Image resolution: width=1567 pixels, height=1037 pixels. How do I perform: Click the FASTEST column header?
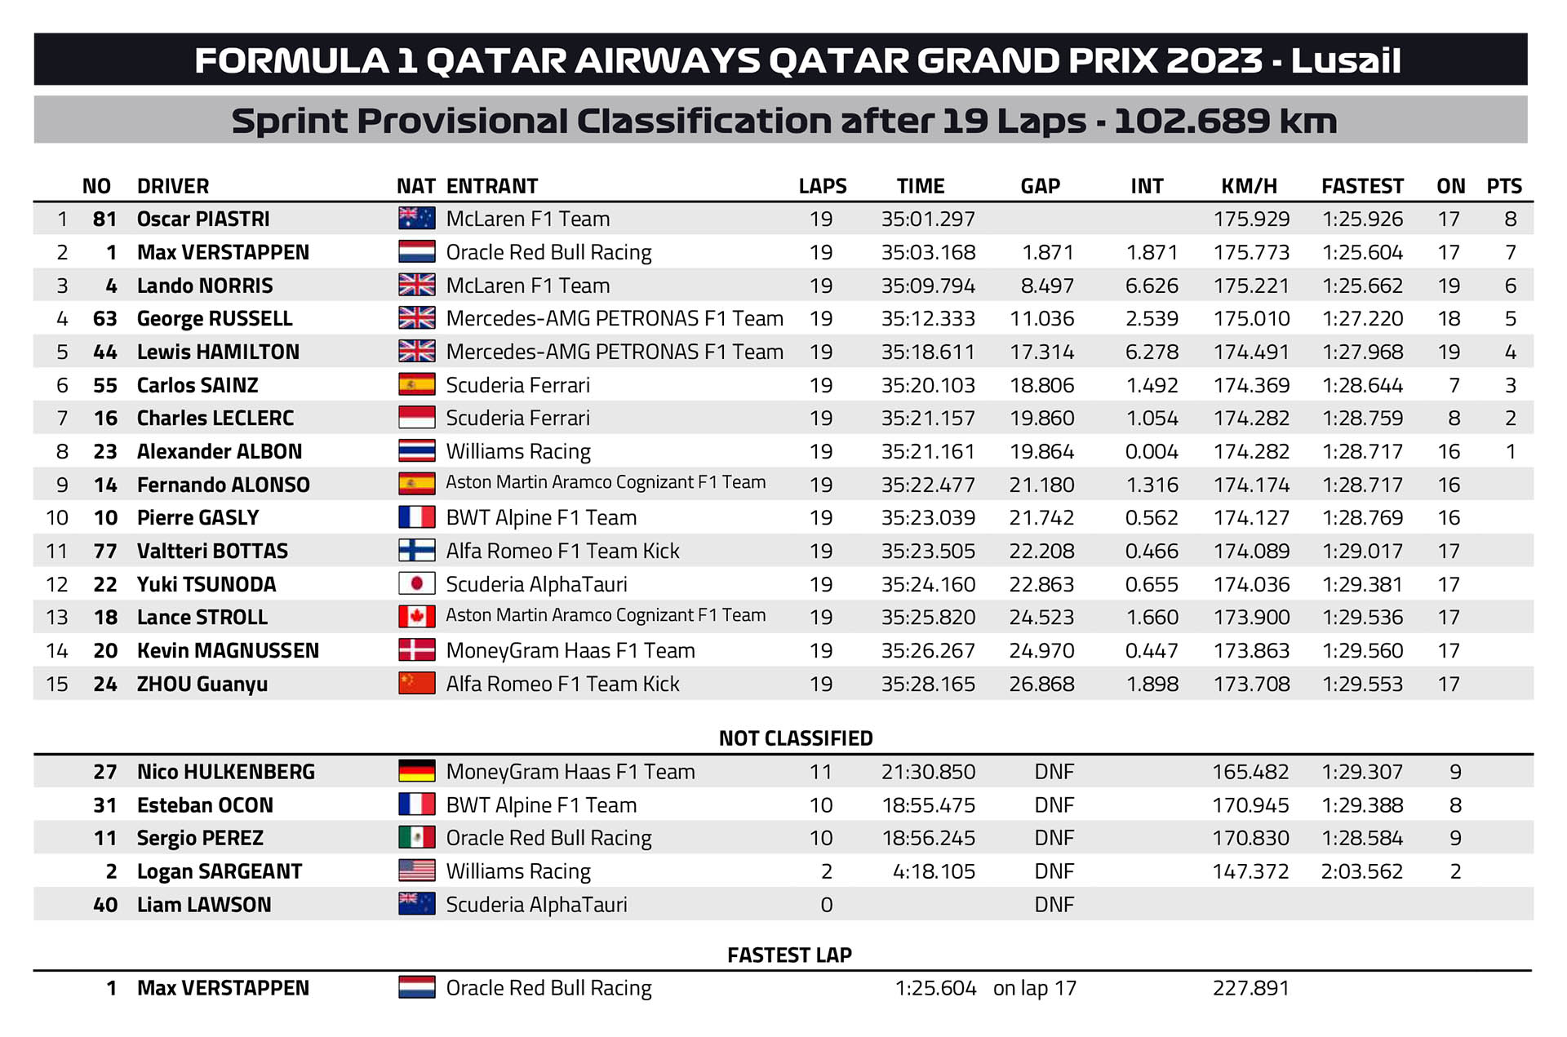(1362, 186)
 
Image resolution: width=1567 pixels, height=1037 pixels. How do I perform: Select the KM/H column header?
(1249, 186)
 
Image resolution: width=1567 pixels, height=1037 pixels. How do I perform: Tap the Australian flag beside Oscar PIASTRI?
(416, 219)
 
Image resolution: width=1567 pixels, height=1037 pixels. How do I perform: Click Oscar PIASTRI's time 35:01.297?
(928, 219)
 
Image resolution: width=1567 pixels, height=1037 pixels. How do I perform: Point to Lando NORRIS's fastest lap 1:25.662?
(1362, 286)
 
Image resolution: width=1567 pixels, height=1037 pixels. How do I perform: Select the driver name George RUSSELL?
(215, 318)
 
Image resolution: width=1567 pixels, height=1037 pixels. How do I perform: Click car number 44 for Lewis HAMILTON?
(105, 352)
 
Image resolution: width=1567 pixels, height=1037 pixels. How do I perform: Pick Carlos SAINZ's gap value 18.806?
(1041, 385)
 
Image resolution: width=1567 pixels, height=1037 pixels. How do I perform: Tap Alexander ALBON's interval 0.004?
(1152, 451)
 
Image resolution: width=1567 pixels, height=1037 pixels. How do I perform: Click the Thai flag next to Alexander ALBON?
(416, 451)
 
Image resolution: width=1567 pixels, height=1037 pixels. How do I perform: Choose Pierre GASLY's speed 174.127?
(1251, 517)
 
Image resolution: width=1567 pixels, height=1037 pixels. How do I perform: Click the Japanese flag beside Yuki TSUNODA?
(416, 584)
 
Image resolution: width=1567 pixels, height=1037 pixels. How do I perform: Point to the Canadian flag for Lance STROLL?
(416, 617)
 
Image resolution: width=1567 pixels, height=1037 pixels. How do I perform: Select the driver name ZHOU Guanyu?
(202, 684)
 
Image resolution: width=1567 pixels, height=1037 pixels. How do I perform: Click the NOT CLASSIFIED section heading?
(796, 738)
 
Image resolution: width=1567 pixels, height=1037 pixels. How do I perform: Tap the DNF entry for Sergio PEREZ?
(1054, 838)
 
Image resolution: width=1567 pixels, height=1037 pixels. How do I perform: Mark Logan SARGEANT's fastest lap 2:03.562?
(1361, 871)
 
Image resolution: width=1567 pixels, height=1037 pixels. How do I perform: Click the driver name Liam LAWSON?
(204, 905)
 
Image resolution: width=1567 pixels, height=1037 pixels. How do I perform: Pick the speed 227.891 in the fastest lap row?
(1250, 988)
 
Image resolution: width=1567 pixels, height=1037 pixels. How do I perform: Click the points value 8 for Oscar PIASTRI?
(1510, 219)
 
